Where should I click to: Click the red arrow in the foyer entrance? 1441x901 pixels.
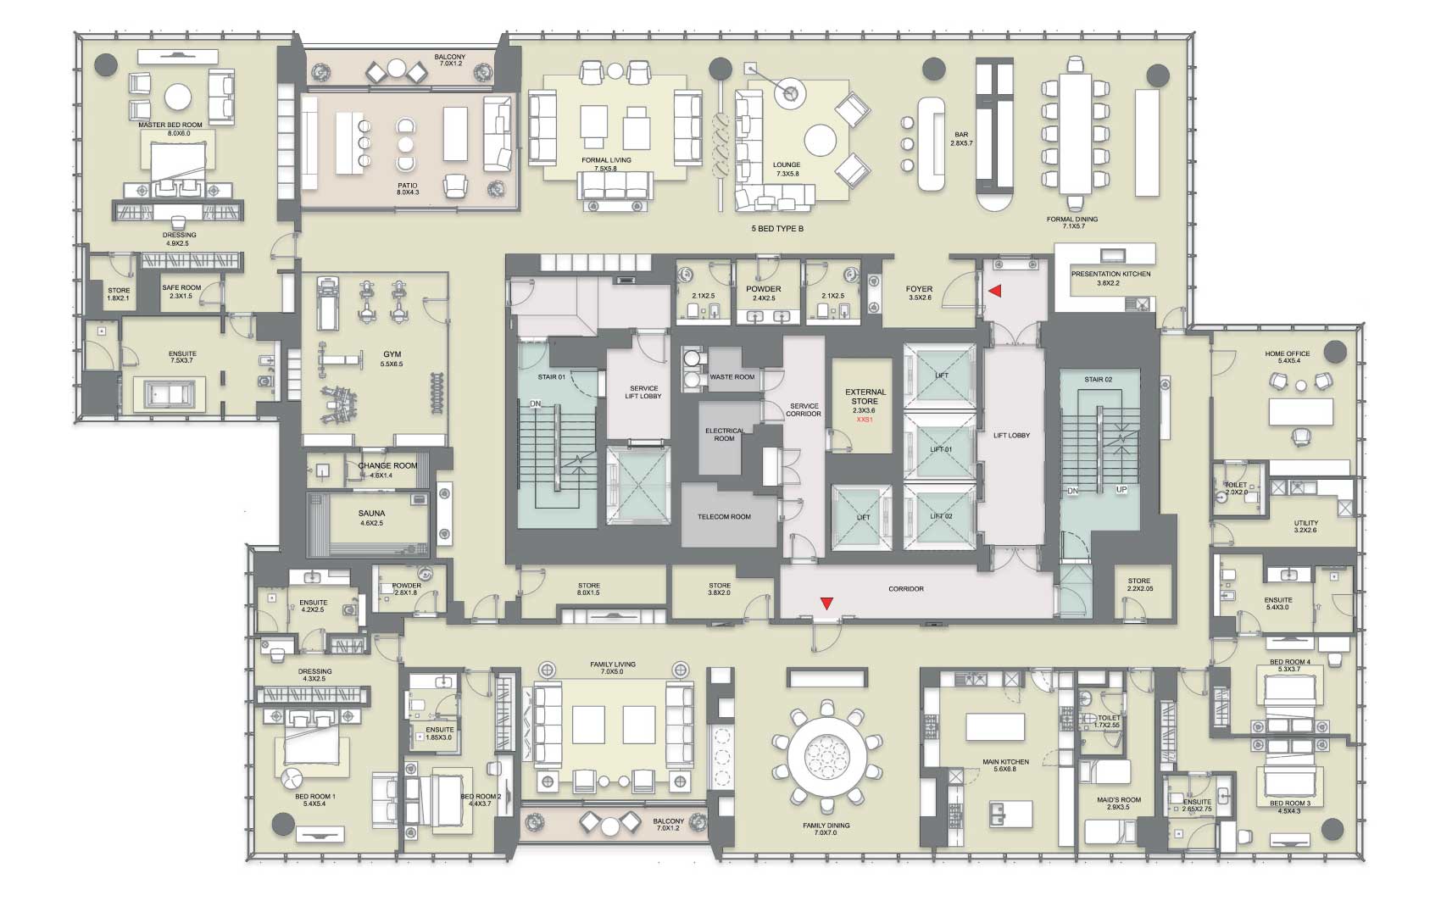996,291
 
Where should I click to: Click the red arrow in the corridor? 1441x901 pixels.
827,603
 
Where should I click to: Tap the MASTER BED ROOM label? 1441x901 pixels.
170,125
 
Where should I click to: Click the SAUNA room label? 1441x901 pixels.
371,514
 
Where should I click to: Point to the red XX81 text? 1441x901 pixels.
865,420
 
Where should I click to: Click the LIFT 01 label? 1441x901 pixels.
941,449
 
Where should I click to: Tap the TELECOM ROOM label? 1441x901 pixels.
724,516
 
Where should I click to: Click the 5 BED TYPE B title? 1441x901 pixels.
777,229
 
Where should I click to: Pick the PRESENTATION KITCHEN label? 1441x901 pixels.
1110,275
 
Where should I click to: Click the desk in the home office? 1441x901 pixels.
1301,413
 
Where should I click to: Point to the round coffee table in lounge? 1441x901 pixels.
821,140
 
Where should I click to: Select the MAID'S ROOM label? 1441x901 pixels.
1119,799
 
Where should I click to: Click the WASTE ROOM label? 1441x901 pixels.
732,376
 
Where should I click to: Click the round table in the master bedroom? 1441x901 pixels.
179,97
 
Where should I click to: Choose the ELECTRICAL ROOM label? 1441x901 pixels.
724,434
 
